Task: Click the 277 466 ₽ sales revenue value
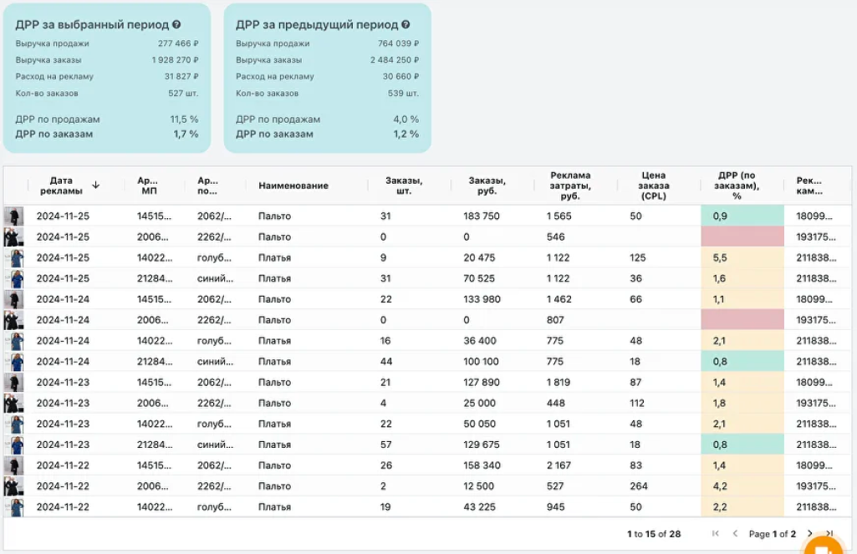click(x=178, y=43)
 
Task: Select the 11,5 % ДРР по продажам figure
click(x=184, y=119)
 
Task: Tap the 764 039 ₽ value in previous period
click(x=399, y=43)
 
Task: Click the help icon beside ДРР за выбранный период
click(x=176, y=24)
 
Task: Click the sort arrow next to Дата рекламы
click(x=95, y=186)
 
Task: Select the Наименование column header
click(x=293, y=186)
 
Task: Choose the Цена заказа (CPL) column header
click(x=654, y=186)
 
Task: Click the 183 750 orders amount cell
click(x=482, y=216)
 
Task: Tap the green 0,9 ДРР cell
click(x=742, y=216)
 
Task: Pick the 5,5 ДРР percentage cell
click(x=742, y=257)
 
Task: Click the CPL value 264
click(x=639, y=485)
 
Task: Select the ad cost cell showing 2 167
click(x=559, y=465)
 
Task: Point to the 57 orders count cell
click(x=386, y=445)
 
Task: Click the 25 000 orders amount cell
click(x=479, y=403)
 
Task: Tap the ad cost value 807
click(x=555, y=319)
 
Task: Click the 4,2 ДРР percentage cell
click(x=742, y=485)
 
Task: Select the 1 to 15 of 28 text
click(x=654, y=534)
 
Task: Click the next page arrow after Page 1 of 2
click(x=810, y=533)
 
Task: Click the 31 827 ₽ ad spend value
click(x=181, y=77)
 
